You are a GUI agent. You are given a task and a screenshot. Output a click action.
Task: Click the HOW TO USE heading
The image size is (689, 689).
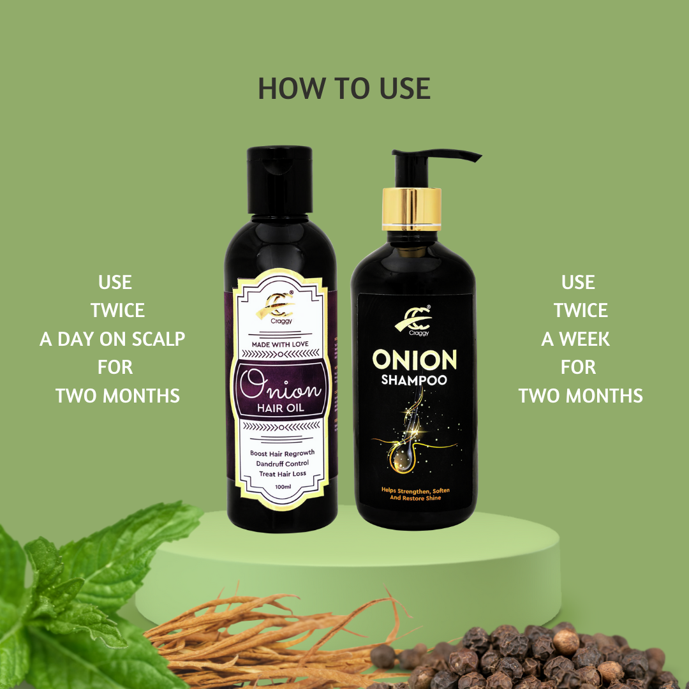click(344, 89)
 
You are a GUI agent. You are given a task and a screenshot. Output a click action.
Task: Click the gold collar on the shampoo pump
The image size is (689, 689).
click(411, 210)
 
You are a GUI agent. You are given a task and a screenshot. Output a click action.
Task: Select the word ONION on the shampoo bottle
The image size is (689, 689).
click(414, 359)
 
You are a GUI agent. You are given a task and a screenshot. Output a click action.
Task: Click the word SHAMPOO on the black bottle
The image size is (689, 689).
click(414, 381)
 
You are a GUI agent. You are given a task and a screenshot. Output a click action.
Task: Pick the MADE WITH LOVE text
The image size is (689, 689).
click(282, 345)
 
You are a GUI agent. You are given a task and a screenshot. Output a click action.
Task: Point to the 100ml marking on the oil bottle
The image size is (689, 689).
click(282, 487)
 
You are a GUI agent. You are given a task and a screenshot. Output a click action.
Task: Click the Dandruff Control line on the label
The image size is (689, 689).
click(282, 463)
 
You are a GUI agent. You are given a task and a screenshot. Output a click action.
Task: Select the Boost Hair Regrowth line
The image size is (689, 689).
click(282, 452)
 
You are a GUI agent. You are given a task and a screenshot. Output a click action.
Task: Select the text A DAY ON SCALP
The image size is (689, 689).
click(112, 339)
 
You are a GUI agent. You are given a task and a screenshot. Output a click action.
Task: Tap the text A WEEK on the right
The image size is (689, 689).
click(575, 339)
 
